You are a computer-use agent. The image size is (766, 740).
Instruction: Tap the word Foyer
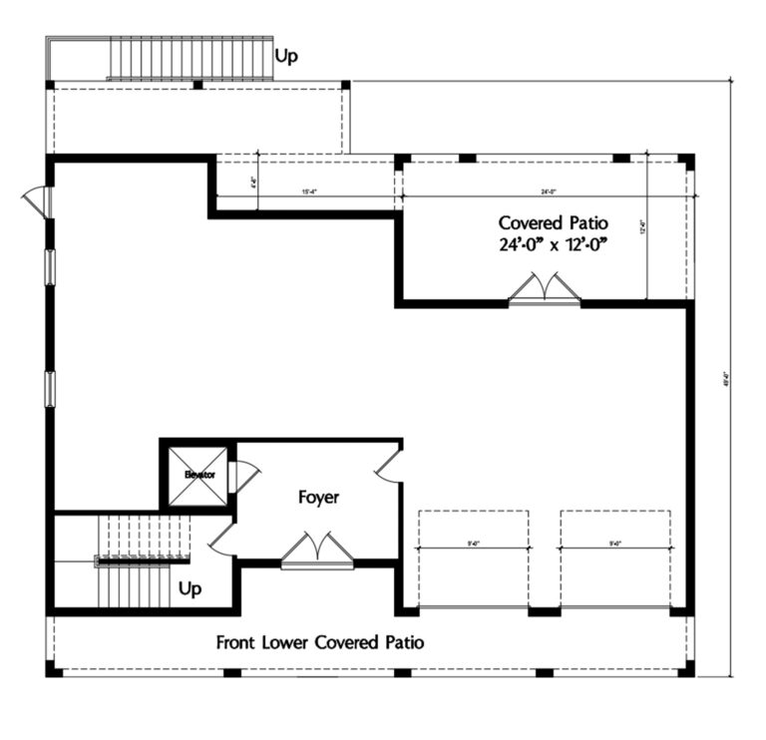318,497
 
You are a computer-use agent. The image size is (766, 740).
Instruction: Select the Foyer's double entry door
317,552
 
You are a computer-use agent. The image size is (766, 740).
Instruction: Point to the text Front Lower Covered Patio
319,642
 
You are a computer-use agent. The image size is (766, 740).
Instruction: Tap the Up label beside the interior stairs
190,589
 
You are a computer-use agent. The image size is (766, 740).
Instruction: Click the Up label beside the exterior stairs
286,57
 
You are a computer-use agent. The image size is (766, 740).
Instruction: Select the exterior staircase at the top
190,59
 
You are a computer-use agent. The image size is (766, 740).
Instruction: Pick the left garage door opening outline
474,557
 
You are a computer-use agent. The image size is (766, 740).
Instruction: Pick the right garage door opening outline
615,557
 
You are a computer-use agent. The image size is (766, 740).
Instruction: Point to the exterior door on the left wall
38,200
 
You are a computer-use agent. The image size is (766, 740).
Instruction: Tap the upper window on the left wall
49,267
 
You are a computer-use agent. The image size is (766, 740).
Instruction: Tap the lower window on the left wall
49,388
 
